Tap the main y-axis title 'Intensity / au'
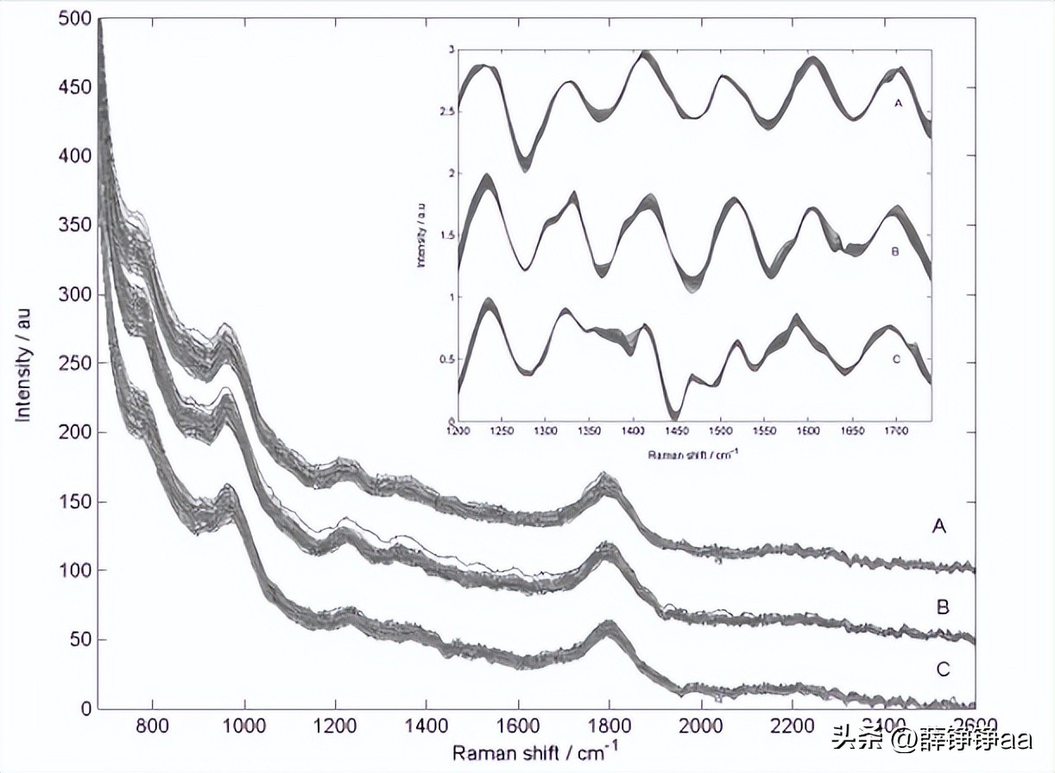tap(23, 362)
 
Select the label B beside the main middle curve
tap(943, 607)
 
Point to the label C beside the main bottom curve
tap(943, 669)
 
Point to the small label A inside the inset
tap(898, 103)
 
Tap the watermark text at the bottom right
tap(932, 738)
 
